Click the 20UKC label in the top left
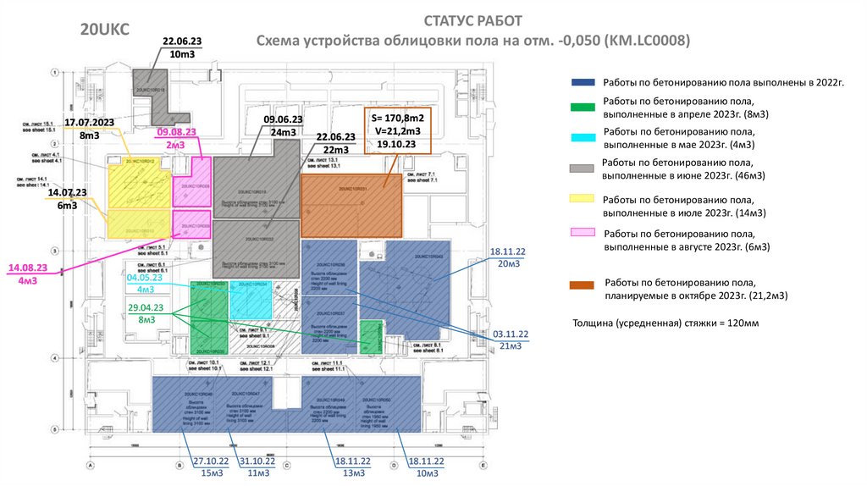[104, 30]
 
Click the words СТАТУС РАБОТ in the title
[473, 21]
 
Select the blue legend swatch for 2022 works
[583, 82]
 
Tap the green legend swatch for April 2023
[583, 107]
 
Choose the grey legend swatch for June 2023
[583, 168]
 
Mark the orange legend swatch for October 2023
[583, 285]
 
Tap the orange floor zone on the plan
[352, 206]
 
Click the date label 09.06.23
[283, 119]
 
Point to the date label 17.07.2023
[89, 123]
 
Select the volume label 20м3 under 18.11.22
[509, 264]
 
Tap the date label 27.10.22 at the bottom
[212, 461]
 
